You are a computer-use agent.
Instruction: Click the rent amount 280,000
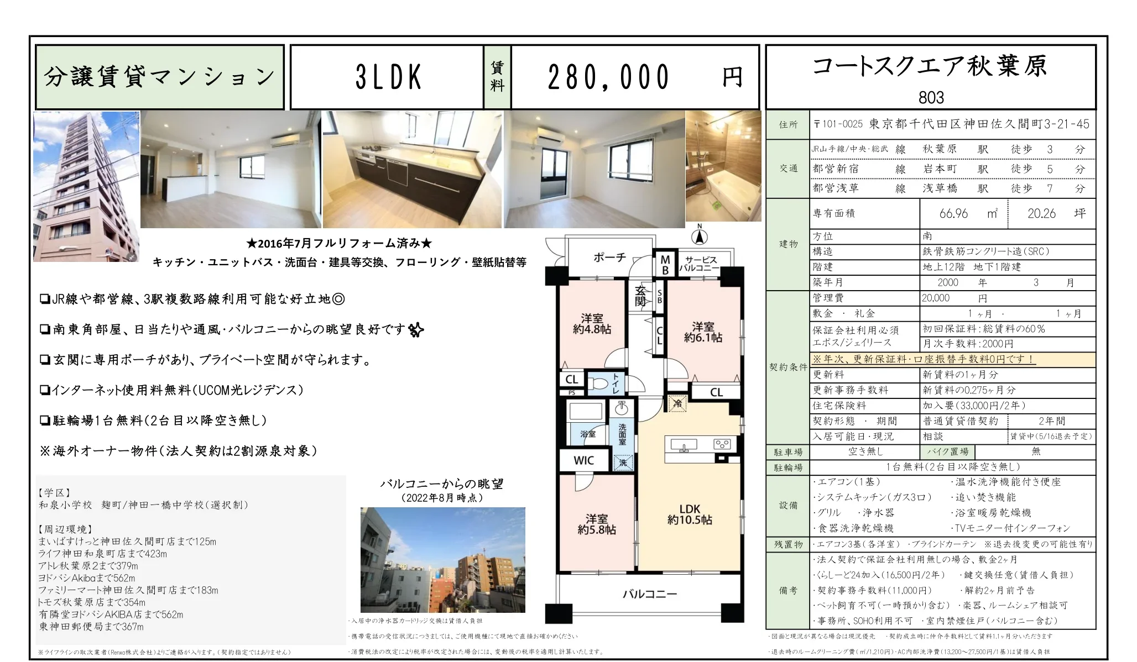coord(608,77)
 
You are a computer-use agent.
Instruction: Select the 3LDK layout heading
coord(389,77)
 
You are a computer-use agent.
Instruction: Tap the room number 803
coord(931,98)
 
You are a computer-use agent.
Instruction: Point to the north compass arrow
coord(700,236)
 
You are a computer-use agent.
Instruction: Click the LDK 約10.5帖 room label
coord(690,514)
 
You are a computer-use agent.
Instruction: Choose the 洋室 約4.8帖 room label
coord(592,324)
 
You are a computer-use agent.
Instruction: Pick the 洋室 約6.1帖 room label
coord(703,332)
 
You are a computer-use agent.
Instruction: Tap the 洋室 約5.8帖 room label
coord(597,524)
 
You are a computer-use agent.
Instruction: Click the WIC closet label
coord(584,460)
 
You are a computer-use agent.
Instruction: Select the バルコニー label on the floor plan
coord(650,595)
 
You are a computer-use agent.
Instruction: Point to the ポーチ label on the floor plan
coord(610,258)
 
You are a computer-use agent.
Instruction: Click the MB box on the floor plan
coord(665,265)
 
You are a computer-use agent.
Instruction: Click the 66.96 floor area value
coord(953,213)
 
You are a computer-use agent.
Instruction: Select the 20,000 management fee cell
coord(936,298)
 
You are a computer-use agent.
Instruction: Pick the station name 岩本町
coord(940,169)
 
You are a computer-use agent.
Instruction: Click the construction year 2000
coord(948,282)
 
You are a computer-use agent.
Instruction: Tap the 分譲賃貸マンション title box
coord(160,77)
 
